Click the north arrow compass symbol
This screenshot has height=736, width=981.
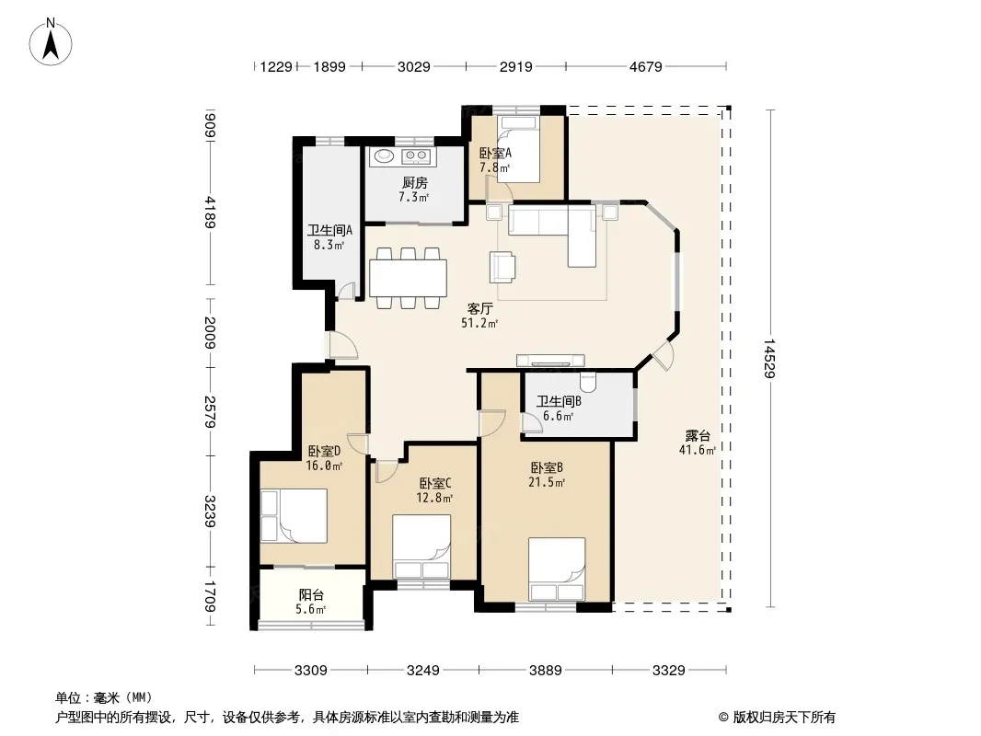coord(51,42)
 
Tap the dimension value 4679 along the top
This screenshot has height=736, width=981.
coord(646,66)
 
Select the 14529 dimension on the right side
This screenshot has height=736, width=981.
coord(769,358)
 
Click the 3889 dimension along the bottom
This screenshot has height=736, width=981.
coord(546,671)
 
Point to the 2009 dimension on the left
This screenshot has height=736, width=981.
coord(210,333)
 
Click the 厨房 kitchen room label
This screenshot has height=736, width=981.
coord(415,182)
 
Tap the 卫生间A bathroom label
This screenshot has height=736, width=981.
coord(329,230)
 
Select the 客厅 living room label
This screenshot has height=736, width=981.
coord(479,308)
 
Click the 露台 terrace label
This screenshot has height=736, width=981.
coord(697,435)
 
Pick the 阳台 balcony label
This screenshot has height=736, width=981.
coord(311,594)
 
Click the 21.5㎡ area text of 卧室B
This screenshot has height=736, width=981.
coord(548,482)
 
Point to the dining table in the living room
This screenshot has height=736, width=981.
coord(408,278)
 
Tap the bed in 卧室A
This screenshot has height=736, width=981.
coord(519,149)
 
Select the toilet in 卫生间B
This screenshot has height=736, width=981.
coord(589,382)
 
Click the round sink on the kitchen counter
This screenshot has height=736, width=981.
coord(382,155)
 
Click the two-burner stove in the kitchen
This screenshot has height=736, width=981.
coord(415,155)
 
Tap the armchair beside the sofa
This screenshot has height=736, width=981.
coord(503,267)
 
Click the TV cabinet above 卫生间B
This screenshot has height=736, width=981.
coord(550,361)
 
